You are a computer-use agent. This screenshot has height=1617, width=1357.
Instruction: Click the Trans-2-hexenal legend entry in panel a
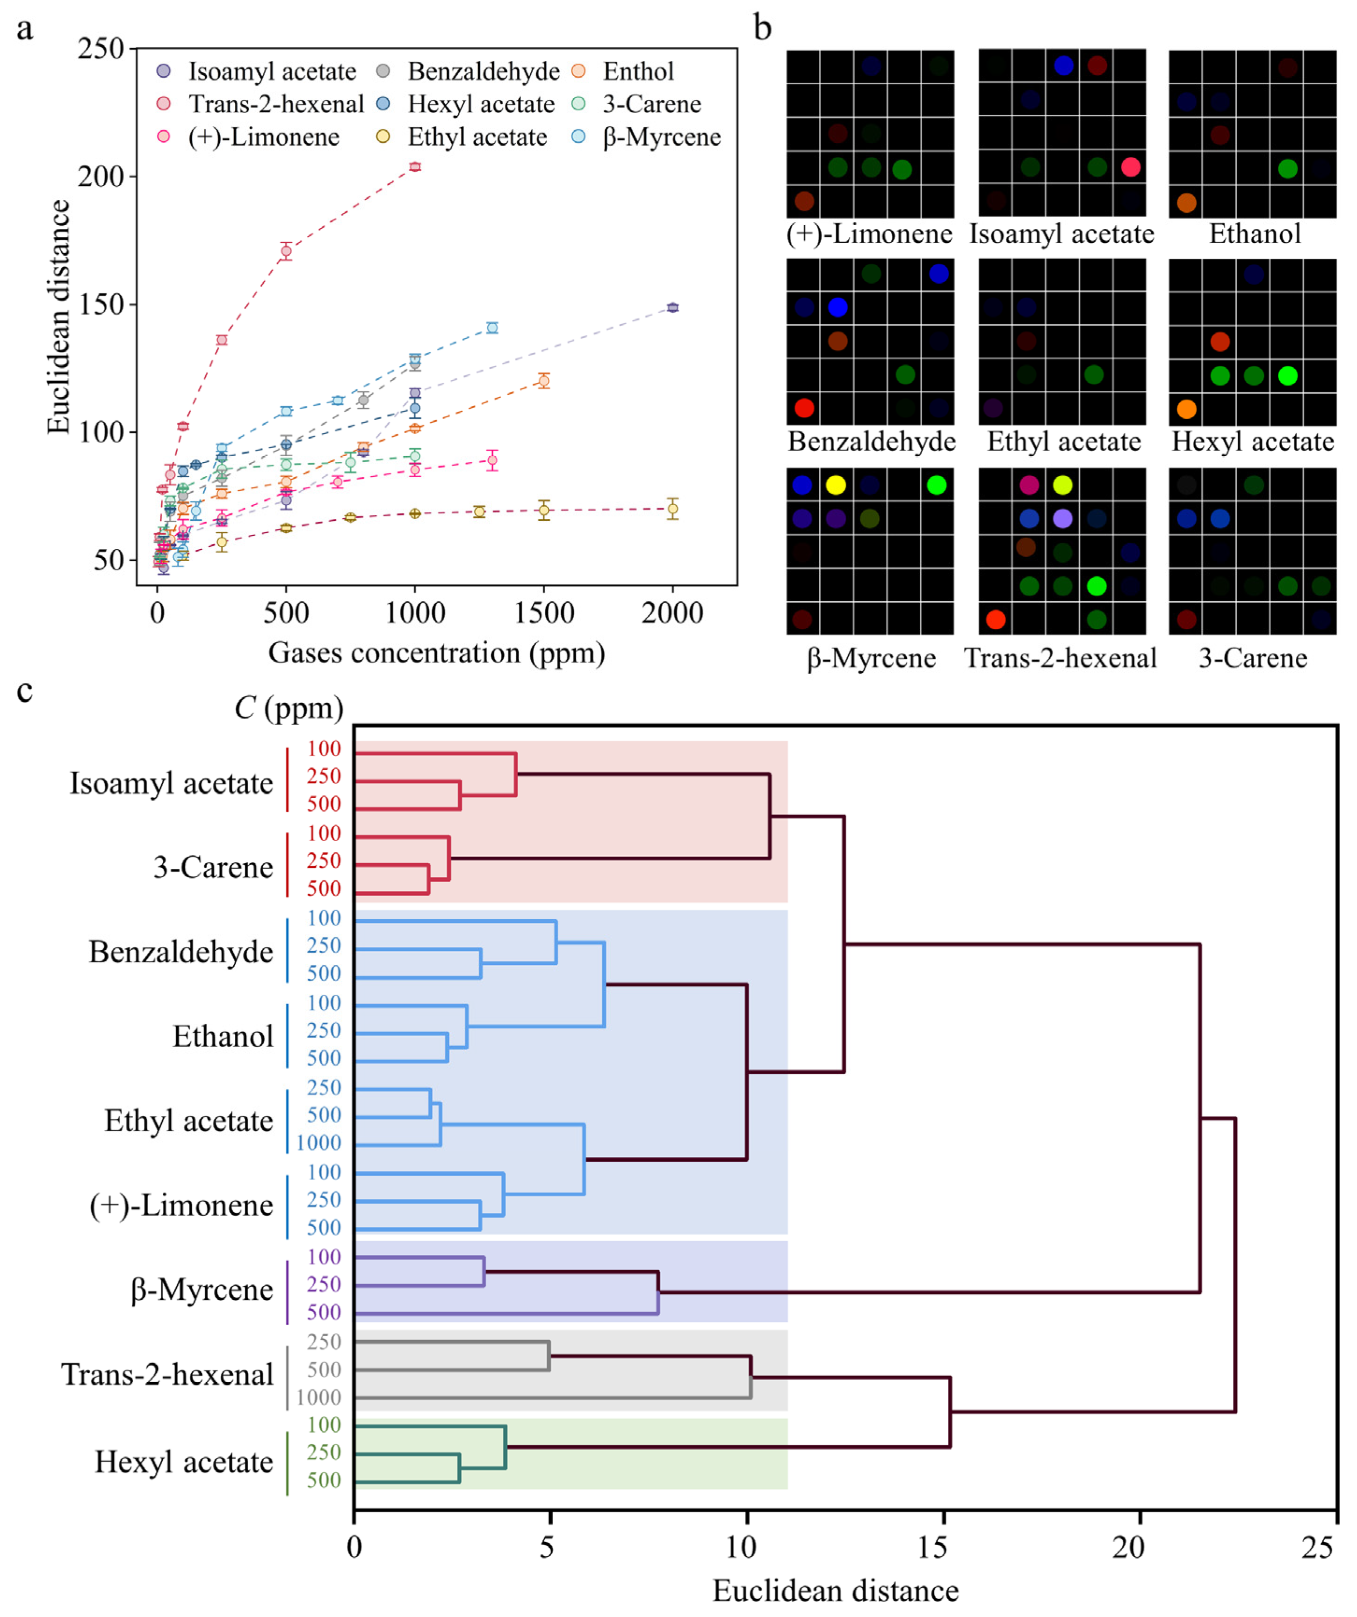coord(275,104)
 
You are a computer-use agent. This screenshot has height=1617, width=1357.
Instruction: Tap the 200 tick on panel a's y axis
coord(101,176)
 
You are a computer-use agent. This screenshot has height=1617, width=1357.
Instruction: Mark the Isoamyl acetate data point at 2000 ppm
coord(673,308)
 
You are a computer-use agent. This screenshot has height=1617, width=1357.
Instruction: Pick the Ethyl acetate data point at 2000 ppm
coord(673,508)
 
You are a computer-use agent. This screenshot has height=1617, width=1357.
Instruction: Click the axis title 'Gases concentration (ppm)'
coord(436,653)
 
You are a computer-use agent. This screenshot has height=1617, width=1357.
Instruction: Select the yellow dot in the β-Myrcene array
coord(836,484)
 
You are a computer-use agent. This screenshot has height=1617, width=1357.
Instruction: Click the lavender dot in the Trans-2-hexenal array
coord(1063,518)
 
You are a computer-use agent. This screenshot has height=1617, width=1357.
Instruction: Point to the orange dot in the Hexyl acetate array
coord(1187,409)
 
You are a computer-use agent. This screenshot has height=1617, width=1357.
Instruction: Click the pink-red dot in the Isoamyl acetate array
coord(1131,167)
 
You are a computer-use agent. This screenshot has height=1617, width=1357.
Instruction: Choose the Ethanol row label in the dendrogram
coord(223,1036)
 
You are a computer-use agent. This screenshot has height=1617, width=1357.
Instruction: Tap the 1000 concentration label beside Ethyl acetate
coord(318,1143)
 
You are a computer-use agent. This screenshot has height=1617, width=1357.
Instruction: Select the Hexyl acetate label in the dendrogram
coord(183,1462)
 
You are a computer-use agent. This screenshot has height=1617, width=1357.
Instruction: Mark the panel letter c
coord(25,691)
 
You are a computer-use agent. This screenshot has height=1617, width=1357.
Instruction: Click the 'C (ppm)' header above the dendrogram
coord(289,707)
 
